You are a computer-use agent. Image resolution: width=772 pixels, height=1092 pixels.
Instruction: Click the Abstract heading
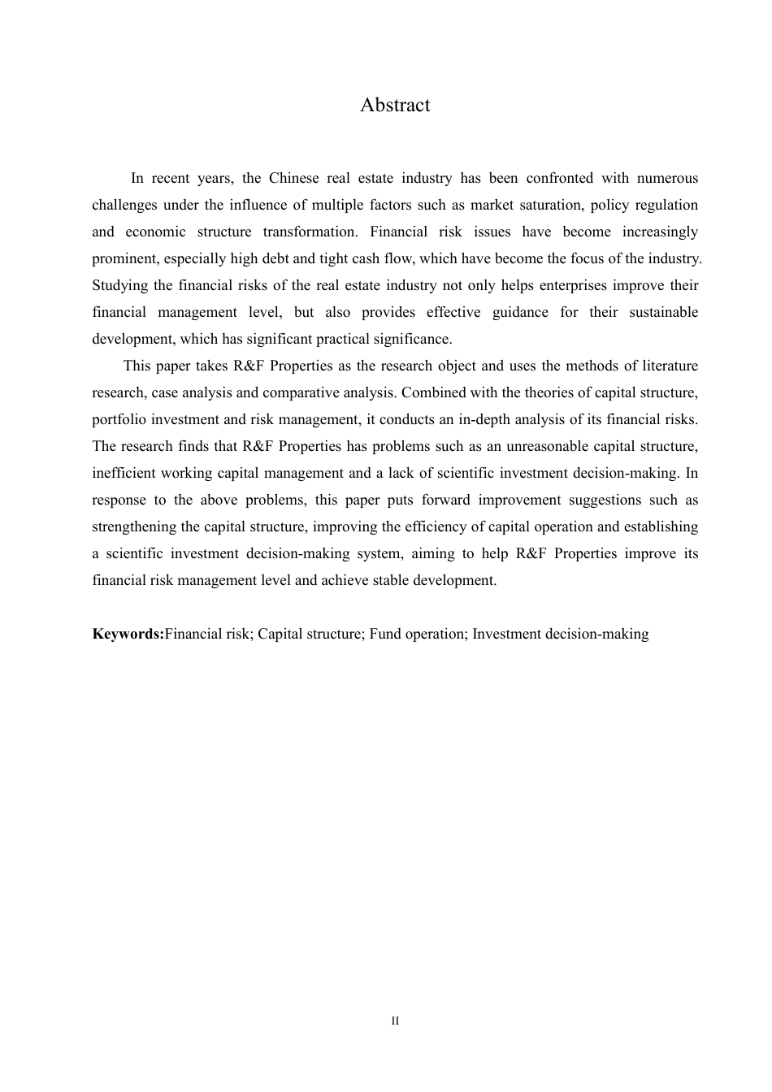[x=395, y=105]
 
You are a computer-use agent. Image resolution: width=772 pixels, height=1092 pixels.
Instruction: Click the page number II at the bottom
[x=395, y=1020]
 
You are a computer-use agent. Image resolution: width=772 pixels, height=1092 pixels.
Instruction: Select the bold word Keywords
[x=128, y=634]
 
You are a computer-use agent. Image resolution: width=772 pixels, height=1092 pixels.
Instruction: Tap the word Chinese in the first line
[x=293, y=178]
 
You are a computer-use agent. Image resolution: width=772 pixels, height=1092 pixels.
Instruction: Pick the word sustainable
[x=663, y=312]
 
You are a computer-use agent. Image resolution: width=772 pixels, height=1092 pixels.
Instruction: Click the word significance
[x=413, y=339]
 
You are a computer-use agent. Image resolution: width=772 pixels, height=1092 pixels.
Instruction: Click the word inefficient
[x=123, y=473]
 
